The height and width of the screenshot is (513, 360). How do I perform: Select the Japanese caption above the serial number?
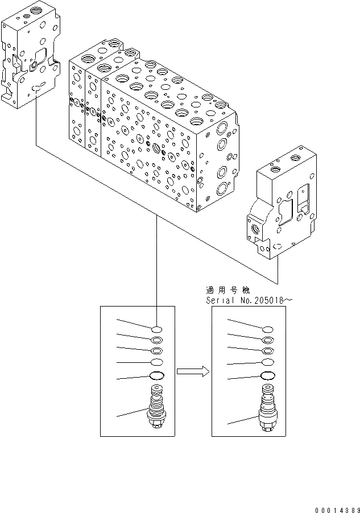(233, 289)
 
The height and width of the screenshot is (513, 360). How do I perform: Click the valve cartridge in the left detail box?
(156, 406)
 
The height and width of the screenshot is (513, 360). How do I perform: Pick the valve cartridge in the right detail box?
(267, 407)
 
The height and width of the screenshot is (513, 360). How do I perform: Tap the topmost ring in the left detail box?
(156, 329)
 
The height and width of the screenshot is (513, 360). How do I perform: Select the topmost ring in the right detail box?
(267, 329)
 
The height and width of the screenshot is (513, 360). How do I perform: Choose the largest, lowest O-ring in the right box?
(267, 375)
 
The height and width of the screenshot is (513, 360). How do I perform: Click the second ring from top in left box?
(156, 341)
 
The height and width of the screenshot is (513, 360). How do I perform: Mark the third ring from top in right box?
(267, 351)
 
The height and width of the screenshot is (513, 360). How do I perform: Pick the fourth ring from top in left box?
(156, 362)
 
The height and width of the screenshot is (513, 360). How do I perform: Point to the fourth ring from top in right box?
(267, 362)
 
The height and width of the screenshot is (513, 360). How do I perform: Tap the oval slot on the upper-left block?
(37, 88)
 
